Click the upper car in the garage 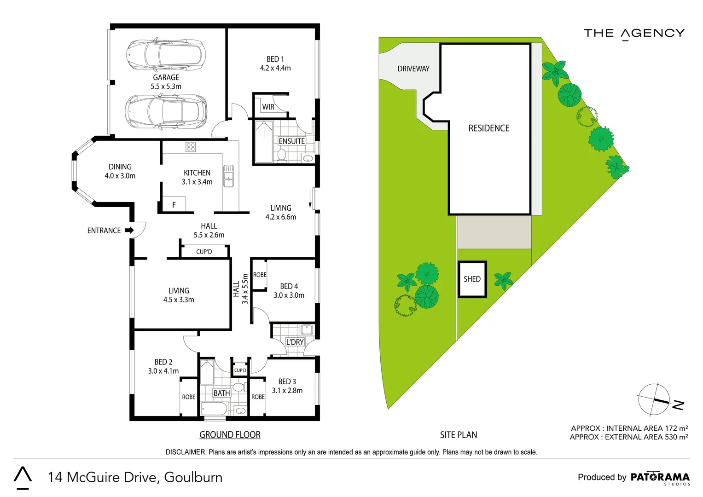(166, 54)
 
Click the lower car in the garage (166, 112)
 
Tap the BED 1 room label (275, 64)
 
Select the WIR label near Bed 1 (268, 107)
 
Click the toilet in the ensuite (281, 155)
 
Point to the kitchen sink (228, 176)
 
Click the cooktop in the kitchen (191, 147)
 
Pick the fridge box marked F (174, 204)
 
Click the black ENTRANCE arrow (129, 230)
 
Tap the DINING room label (120, 171)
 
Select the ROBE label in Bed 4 (260, 275)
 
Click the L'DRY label (295, 342)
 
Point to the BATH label (221, 393)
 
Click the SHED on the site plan (472, 279)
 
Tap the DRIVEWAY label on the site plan (413, 69)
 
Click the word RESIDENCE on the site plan (488, 128)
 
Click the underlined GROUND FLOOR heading (230, 435)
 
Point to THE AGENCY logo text (634, 34)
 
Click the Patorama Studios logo (660, 478)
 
